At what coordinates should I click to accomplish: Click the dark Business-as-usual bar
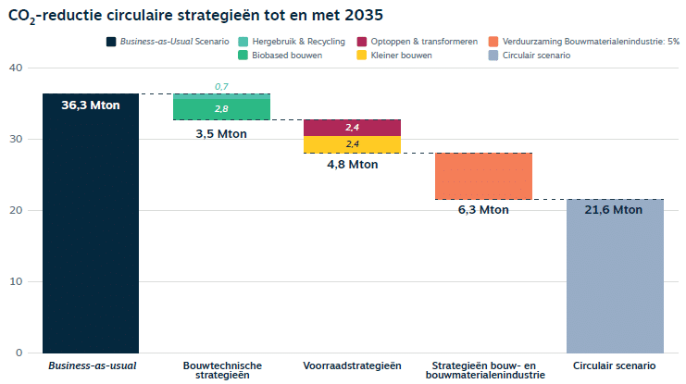tap(91, 231)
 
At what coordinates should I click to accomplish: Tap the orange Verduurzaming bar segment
tap(483, 176)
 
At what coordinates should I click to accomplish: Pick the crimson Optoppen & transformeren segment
tap(352, 127)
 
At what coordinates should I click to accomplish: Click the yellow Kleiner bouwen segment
tap(352, 144)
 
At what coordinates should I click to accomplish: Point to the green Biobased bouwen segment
tap(221, 109)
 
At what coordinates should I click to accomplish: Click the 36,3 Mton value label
tap(91, 105)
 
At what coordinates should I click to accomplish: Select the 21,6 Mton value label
tap(615, 210)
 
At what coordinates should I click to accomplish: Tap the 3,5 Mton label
tap(221, 133)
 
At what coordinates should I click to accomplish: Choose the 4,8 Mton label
tap(352, 165)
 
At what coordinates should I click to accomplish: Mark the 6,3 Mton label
tap(483, 210)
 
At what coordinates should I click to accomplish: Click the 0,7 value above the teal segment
tap(221, 86)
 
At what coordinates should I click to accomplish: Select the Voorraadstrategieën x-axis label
tap(352, 366)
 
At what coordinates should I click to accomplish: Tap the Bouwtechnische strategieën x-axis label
tap(221, 370)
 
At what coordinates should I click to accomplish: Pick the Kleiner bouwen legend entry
tap(400, 56)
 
